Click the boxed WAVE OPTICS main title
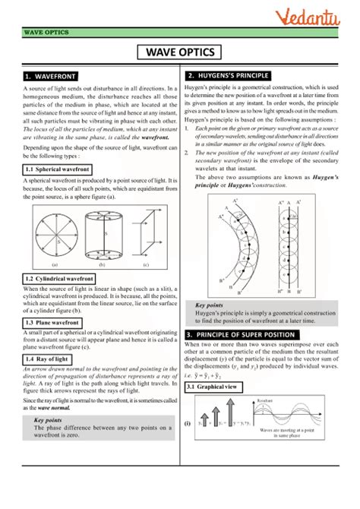tap(179, 52)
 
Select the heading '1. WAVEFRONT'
tap(49, 77)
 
